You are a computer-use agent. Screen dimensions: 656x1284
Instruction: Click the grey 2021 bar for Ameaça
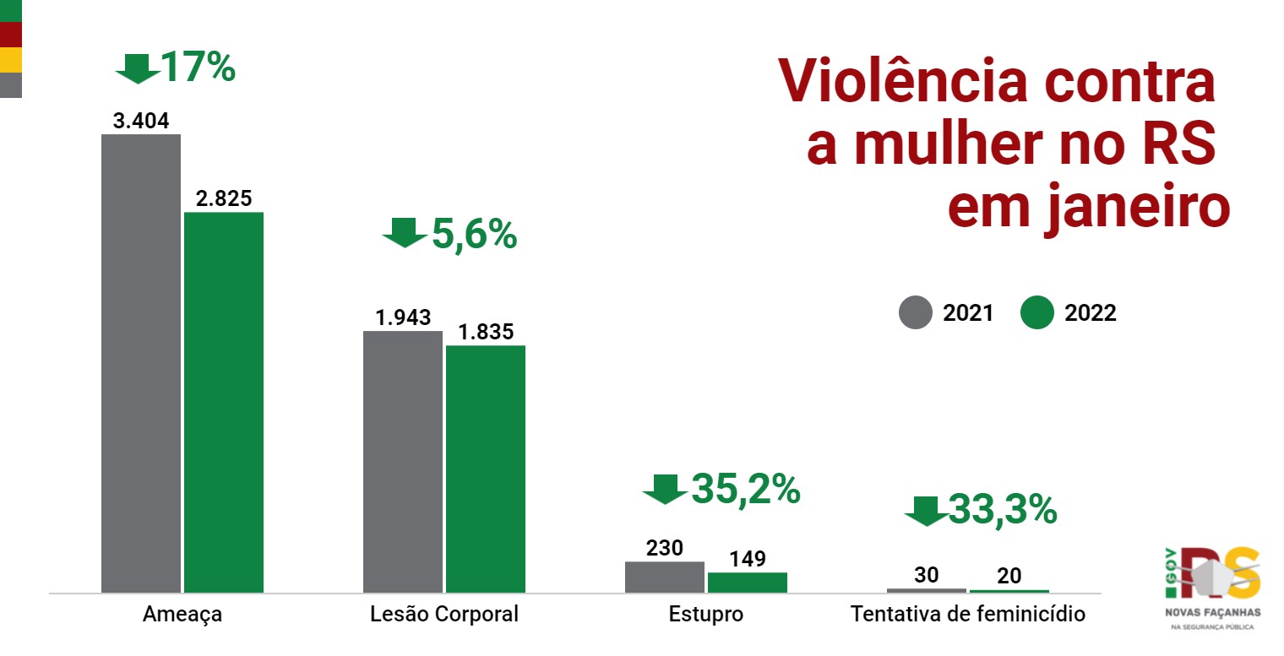[141, 363]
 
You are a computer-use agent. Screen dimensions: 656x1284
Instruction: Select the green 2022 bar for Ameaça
[224, 402]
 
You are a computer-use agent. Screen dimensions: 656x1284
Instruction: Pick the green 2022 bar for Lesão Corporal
[486, 469]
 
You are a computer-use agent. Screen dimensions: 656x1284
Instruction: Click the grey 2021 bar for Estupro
[665, 577]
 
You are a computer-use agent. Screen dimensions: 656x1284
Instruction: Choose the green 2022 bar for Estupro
[748, 582]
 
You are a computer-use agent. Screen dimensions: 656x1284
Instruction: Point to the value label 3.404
[141, 121]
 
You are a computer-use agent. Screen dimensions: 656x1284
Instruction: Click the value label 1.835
[486, 332]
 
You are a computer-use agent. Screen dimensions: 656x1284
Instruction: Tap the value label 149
[748, 559]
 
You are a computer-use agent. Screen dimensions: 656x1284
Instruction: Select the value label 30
[927, 575]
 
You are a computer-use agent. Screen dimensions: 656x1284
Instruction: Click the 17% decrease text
[198, 68]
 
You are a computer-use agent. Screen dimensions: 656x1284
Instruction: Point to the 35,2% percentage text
[746, 490]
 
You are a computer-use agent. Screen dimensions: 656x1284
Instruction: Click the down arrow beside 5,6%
[405, 232]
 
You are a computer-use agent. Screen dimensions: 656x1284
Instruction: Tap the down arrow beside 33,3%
[926, 511]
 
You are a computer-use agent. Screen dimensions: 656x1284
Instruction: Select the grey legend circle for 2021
[915, 313]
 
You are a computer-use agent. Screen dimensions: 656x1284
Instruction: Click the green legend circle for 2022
[1037, 313]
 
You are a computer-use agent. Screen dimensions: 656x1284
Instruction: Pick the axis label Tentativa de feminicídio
[968, 615]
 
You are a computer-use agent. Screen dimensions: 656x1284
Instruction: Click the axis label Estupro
[706, 615]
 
